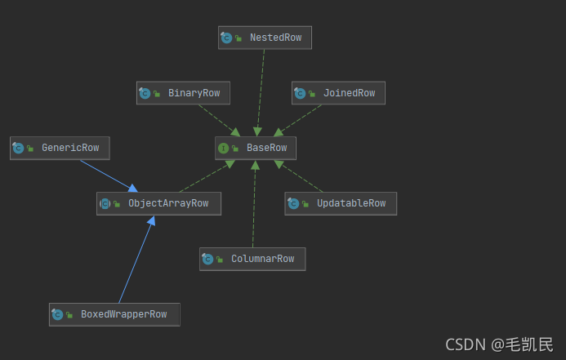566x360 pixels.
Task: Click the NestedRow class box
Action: [x=265, y=38]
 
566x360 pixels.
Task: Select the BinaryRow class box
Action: [x=183, y=93]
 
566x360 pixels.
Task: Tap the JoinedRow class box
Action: [x=338, y=93]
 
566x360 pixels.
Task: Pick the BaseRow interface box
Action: [x=256, y=148]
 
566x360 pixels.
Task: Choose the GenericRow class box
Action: [x=60, y=148]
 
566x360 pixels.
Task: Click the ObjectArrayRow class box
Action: [x=158, y=203]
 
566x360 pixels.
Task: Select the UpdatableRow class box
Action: [x=341, y=203]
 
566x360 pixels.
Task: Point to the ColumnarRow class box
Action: [x=252, y=259]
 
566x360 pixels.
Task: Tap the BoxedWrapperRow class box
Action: [x=114, y=314]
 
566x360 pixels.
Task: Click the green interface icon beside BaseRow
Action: [x=223, y=148]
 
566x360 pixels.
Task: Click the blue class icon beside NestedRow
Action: [x=227, y=38]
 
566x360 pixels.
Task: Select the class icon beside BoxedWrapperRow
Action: [x=57, y=314]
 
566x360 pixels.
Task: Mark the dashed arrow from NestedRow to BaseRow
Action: [x=261, y=90]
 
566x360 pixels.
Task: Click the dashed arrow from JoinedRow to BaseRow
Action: [x=301, y=120]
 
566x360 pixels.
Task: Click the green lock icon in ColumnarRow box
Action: [x=220, y=260]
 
